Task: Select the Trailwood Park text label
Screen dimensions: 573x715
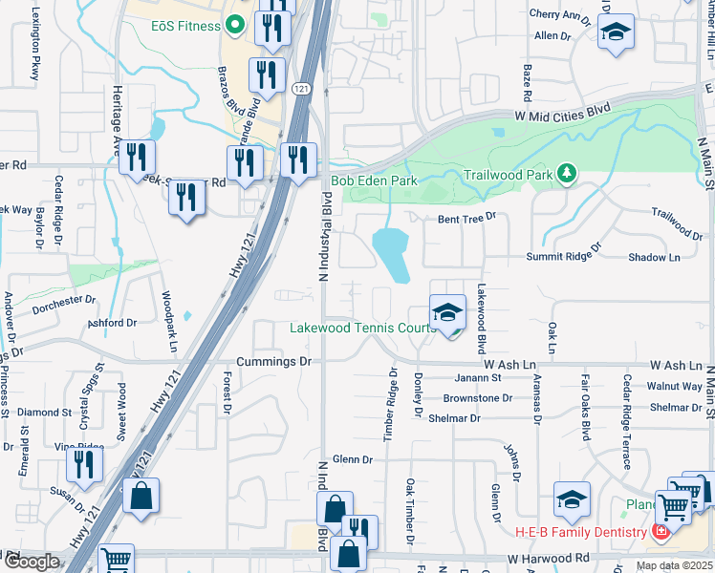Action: (x=508, y=176)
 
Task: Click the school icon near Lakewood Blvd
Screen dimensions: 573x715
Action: (x=446, y=312)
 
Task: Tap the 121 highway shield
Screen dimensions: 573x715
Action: (x=301, y=89)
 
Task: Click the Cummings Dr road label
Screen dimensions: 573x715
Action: (x=274, y=362)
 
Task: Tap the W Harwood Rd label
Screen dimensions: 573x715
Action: (x=550, y=558)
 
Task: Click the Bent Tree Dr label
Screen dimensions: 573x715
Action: (x=467, y=219)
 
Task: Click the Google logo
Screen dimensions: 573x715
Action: (x=32, y=562)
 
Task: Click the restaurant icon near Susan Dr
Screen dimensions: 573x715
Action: (x=85, y=463)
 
